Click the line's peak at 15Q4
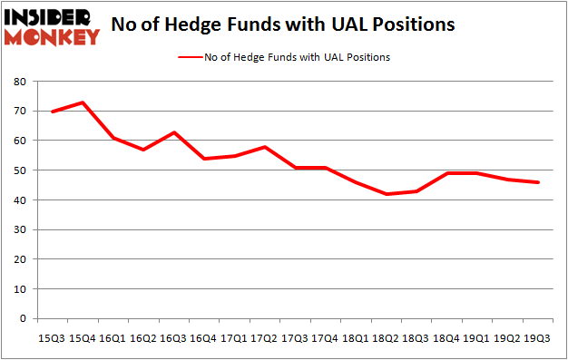[x=83, y=102]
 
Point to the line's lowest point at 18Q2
[x=387, y=194]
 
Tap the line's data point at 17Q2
[x=264, y=147]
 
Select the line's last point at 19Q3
[x=537, y=182]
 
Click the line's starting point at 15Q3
[x=53, y=112]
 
